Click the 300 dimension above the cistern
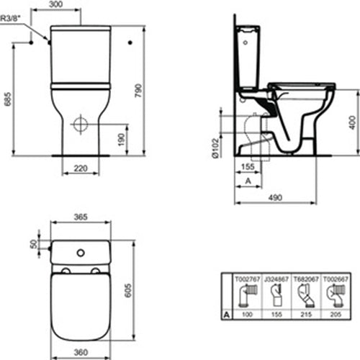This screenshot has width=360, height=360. (x=79, y=4)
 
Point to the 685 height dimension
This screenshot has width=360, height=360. (x=7, y=102)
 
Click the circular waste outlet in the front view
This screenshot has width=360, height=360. (x=81, y=125)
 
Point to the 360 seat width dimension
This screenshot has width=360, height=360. (x=80, y=353)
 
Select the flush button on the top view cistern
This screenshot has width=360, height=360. (x=80, y=252)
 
